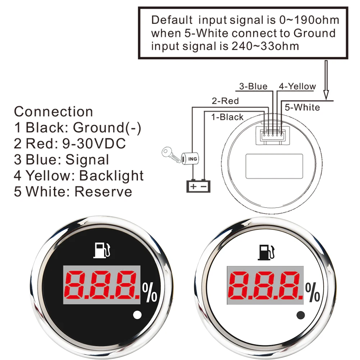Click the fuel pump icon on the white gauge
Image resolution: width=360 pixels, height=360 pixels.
267,252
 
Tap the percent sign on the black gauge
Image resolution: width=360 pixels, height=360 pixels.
150,293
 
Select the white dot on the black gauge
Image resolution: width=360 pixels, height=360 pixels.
137,316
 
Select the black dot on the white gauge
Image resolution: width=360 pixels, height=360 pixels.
300,316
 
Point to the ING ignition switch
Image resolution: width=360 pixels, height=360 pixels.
190,158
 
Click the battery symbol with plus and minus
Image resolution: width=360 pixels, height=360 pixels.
198,186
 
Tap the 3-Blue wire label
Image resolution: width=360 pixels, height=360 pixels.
253,86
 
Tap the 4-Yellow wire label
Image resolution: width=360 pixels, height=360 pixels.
297,86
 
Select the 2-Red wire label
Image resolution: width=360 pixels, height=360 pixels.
225,101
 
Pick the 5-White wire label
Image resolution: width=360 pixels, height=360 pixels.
302,107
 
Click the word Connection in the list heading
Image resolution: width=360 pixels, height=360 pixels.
53,112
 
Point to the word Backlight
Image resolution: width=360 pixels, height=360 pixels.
111,175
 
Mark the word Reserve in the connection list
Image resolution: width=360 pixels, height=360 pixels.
103,191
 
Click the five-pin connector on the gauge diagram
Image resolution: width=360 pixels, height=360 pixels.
270,135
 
